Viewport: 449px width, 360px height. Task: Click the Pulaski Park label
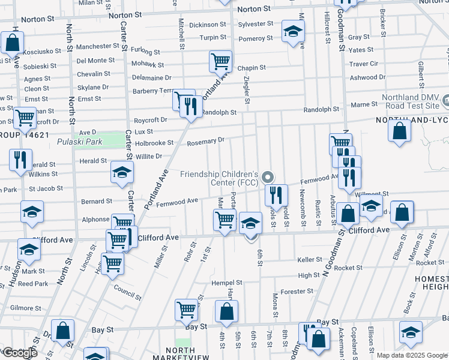pos(80,142)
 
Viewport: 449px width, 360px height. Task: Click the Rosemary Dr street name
pos(205,141)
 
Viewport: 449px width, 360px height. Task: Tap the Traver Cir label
pos(364,64)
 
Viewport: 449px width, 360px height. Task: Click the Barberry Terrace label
pos(152,91)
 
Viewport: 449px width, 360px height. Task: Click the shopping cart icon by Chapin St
pos(220,61)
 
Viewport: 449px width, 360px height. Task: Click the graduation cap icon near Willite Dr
pos(122,173)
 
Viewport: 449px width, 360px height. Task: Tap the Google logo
pos(19,352)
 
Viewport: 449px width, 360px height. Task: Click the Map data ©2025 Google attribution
pos(412,355)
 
